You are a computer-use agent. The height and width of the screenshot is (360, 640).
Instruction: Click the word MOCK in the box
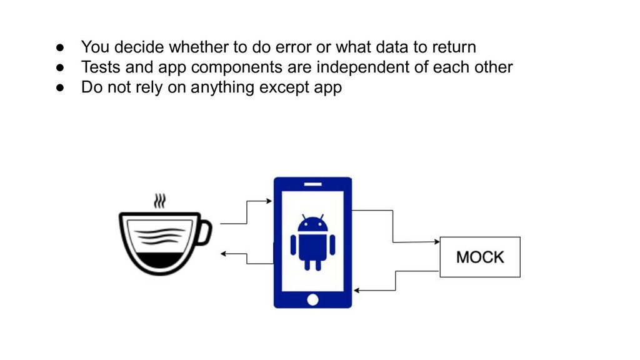coord(480,257)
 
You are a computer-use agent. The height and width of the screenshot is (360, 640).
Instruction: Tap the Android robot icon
coord(312,242)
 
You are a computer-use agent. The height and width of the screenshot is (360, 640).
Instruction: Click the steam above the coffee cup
coord(161,201)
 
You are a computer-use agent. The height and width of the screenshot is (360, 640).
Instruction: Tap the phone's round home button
coord(312,300)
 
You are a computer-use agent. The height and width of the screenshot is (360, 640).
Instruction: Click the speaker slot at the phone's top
coord(312,184)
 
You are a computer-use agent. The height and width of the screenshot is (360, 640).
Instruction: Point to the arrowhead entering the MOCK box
coord(436,241)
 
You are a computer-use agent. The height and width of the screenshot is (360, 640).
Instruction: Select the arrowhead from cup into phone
coord(269,201)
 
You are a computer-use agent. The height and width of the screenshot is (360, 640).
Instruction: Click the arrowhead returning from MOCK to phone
coord(357,291)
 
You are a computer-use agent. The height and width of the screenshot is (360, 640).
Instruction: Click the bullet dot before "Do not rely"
coord(60,87)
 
